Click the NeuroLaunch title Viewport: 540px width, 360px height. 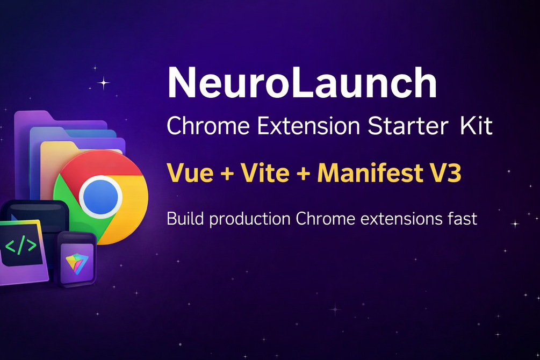pos(302,83)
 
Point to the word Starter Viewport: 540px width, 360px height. pos(408,126)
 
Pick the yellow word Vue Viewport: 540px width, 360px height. pos(190,172)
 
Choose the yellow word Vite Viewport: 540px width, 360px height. pos(265,172)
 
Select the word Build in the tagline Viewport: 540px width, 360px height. pos(185,219)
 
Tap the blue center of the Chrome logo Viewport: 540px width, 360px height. pos(100,197)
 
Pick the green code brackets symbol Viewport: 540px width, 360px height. pos(21,245)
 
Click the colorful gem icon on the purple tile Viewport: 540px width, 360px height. pos(77,263)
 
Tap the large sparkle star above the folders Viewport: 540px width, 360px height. pos(103,83)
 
